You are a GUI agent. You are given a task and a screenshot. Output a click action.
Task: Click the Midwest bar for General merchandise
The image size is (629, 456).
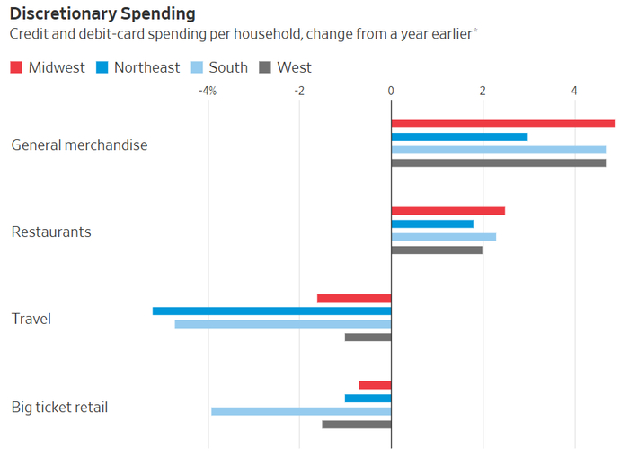click(502, 124)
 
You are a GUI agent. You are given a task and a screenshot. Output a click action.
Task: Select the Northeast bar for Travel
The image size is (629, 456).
click(271, 311)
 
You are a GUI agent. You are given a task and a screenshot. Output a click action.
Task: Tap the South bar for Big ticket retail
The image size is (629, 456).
click(301, 411)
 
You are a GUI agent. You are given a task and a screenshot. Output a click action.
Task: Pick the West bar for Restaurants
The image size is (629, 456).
click(437, 250)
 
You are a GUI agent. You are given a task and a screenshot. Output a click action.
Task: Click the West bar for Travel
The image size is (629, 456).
click(368, 338)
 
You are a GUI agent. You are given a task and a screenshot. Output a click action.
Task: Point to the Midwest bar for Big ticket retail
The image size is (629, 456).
click(375, 385)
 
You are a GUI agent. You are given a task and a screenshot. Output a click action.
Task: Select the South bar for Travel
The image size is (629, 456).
click(283, 324)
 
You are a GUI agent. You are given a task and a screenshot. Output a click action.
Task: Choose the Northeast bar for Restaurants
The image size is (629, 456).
click(432, 224)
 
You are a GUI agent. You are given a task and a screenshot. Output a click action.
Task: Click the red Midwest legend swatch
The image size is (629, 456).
click(16, 67)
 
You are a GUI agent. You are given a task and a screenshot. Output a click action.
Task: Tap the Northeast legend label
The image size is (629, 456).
click(146, 67)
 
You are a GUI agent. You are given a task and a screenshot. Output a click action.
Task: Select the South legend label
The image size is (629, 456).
click(229, 67)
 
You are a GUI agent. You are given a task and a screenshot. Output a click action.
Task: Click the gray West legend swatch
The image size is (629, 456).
click(265, 67)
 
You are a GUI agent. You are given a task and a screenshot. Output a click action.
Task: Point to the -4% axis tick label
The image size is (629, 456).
click(207, 91)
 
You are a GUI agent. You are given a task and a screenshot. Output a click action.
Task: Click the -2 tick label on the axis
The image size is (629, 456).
click(299, 91)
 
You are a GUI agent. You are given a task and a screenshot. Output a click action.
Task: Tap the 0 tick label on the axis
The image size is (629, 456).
click(391, 91)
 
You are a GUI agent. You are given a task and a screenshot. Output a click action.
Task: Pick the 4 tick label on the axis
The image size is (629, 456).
click(574, 91)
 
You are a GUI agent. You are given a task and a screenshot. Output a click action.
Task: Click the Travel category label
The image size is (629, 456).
click(31, 319)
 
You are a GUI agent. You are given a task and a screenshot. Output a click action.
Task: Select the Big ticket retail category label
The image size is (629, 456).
click(59, 407)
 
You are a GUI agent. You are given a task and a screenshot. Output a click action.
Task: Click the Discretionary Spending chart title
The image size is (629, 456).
click(103, 14)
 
